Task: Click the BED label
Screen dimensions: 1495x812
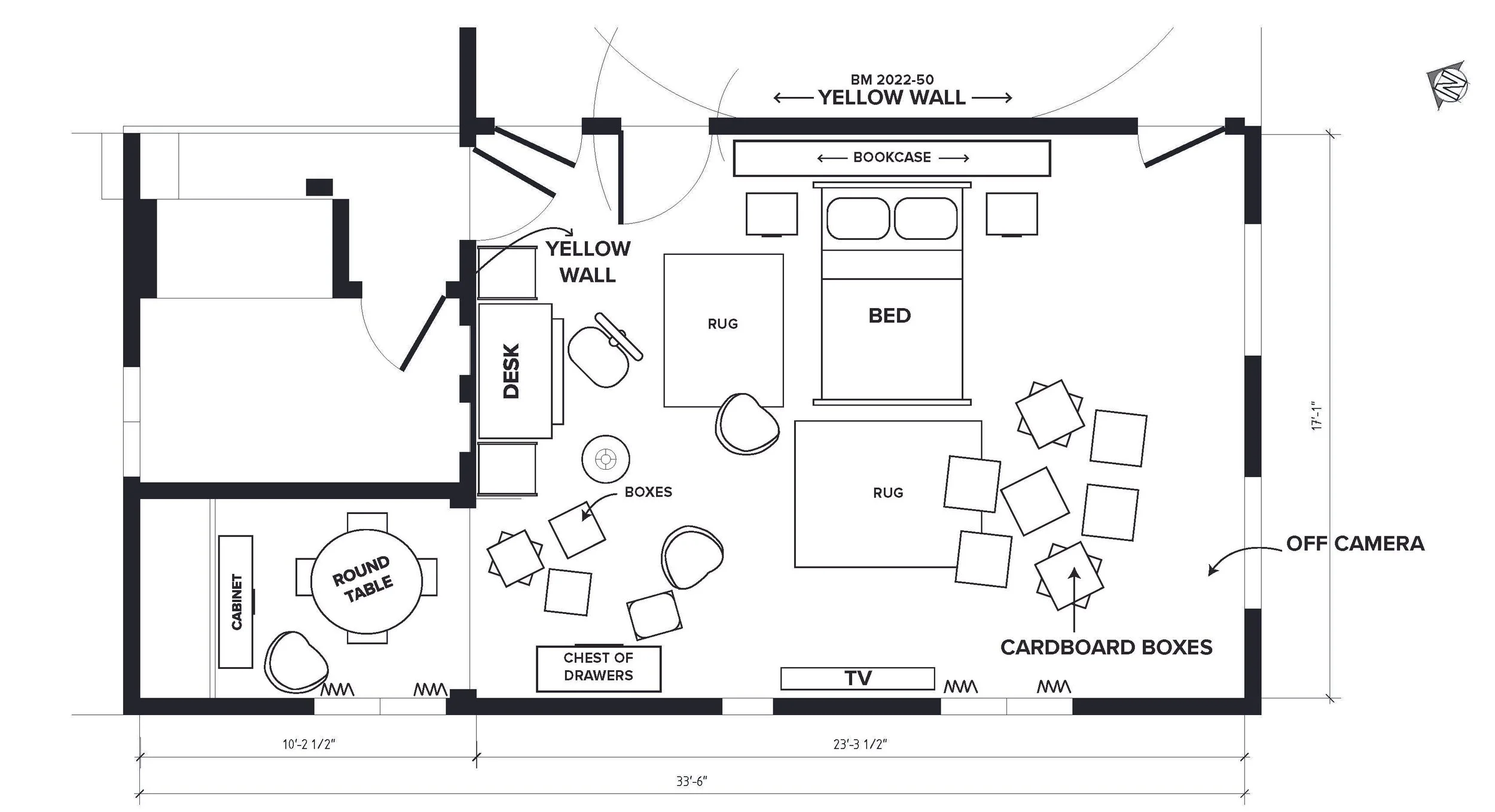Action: (x=889, y=315)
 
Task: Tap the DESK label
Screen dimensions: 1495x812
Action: (x=511, y=370)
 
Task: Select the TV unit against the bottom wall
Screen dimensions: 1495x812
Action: (x=858, y=679)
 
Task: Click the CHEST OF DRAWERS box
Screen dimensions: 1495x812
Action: (x=598, y=667)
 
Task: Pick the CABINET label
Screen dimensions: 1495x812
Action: (x=237, y=601)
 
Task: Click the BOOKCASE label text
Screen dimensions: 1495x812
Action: (x=892, y=157)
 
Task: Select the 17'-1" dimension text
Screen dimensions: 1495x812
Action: (x=1316, y=416)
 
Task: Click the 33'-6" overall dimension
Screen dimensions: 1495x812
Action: (x=692, y=781)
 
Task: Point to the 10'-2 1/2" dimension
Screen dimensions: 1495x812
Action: (x=309, y=744)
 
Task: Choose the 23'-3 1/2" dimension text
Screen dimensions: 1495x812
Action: (x=860, y=744)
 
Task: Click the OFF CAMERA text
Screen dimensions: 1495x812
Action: (x=1355, y=543)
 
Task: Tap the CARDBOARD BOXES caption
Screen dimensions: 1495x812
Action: (x=1106, y=647)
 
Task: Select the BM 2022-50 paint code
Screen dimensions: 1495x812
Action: (x=892, y=80)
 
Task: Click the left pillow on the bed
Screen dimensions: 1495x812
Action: (x=858, y=218)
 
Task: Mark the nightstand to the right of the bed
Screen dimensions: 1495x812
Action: (x=1011, y=214)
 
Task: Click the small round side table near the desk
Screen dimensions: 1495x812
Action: (x=606, y=459)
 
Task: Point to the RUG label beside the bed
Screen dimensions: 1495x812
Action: (x=722, y=324)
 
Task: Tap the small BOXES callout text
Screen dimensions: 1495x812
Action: (x=648, y=492)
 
